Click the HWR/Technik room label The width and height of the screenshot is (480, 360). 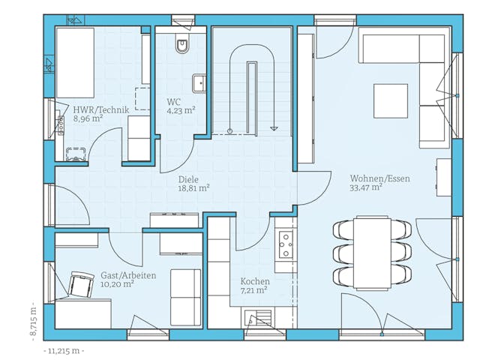101,109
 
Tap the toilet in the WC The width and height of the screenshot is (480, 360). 182,46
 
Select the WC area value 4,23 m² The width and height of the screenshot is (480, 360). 181,109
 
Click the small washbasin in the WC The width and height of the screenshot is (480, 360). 199,82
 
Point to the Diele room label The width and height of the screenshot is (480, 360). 189,179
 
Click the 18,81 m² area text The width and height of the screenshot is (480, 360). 193,189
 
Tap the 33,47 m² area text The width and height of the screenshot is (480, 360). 366,188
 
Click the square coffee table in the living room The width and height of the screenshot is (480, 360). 390,100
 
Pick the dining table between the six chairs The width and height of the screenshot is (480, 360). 372,250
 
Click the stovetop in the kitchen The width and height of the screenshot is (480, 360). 286,241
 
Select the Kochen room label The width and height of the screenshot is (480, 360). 255,281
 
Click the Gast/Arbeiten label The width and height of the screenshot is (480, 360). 127,275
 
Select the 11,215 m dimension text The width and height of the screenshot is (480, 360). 64,350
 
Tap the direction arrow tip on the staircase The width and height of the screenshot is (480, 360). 275,128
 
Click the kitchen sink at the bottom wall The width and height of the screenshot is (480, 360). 258,317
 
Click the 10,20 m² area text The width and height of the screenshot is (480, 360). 118,284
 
